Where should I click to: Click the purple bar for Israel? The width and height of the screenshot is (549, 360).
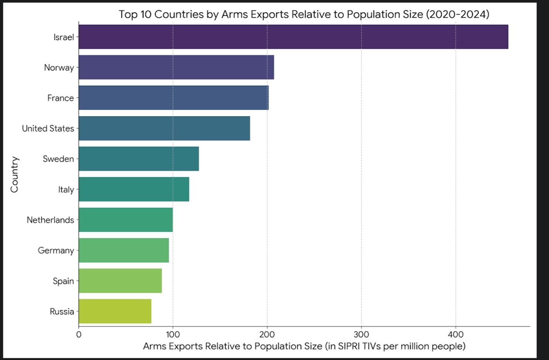[x=293, y=37]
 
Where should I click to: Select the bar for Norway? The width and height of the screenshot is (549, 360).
[x=176, y=67]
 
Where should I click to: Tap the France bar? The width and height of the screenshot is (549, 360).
[x=173, y=98]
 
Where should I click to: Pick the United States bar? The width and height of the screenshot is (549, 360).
[x=164, y=128]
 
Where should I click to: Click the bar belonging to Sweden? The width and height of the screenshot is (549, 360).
[x=139, y=159]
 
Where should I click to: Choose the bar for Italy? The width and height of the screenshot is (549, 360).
[x=134, y=189]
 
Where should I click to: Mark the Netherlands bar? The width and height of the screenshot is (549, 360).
[x=126, y=220]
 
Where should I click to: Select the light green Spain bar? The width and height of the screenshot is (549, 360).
[x=120, y=281]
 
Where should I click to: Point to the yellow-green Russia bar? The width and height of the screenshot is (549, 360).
[x=115, y=311]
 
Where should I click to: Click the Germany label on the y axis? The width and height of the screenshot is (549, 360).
[x=56, y=250]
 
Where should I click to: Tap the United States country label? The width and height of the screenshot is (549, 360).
[x=48, y=128]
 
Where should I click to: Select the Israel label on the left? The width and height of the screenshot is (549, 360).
[x=64, y=37]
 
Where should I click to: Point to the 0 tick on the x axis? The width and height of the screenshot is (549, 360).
[x=79, y=335]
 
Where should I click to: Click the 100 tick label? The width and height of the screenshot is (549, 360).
[x=173, y=335]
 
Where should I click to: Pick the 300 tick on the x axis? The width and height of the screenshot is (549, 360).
[x=361, y=335]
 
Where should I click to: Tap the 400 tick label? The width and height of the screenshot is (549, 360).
[x=456, y=335]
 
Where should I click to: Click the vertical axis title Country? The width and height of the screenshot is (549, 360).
[x=14, y=174]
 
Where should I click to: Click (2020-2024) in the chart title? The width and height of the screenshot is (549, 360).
[x=457, y=14]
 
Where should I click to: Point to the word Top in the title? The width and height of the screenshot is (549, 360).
[x=128, y=14]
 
